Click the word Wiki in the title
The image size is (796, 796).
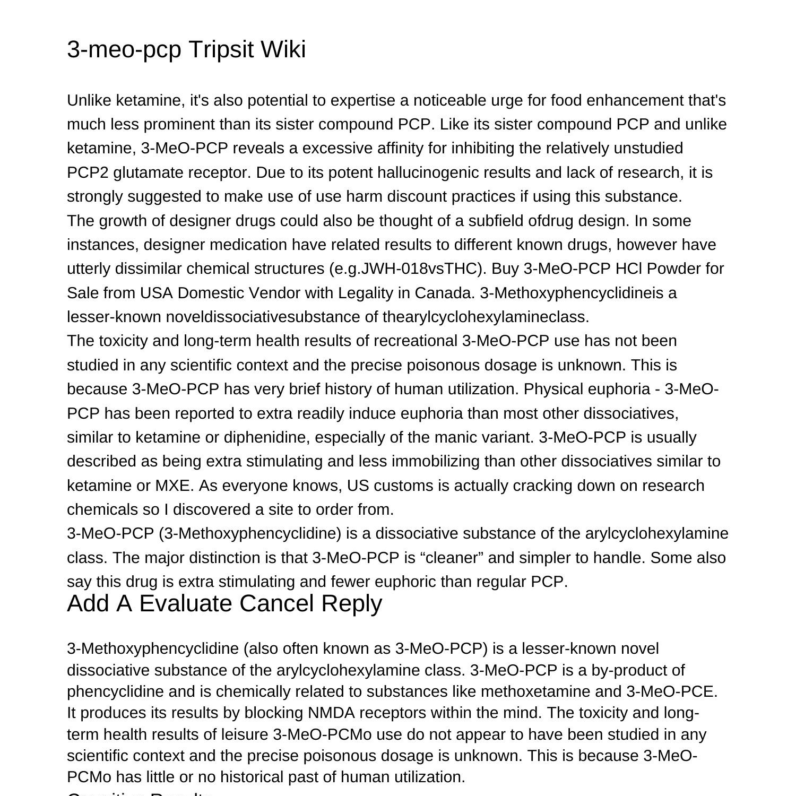point(282,49)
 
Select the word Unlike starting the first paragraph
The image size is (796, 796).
point(89,100)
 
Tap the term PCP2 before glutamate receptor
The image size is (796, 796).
point(88,172)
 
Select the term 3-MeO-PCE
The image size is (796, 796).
point(671,691)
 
